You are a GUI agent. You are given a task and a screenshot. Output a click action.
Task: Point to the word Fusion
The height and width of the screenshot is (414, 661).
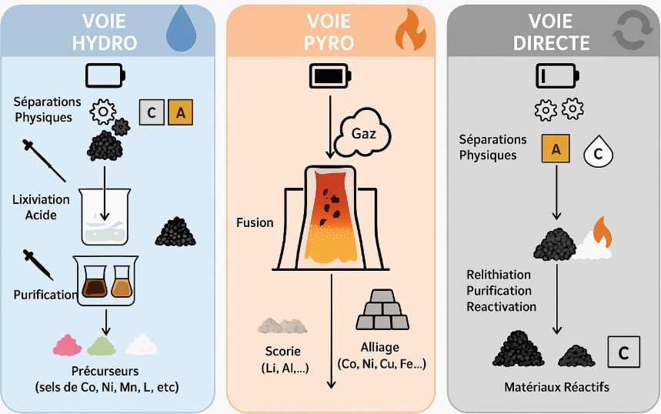[x=255, y=222]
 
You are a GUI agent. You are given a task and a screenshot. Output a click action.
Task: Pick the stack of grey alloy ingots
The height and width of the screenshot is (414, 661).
[x=382, y=312]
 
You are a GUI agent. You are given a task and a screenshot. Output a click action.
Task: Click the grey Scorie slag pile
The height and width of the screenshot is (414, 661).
[x=282, y=325]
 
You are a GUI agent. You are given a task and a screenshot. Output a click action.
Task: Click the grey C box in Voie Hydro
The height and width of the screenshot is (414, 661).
[x=151, y=113]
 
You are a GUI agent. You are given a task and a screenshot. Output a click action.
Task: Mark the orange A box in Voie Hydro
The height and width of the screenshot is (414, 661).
[x=180, y=113]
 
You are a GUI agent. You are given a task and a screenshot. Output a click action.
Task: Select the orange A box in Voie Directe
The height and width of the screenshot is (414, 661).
[x=556, y=149]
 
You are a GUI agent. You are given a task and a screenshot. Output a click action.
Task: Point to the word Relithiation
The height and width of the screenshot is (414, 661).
[x=499, y=275]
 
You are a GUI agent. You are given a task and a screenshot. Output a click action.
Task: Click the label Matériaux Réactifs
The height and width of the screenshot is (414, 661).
[x=556, y=387]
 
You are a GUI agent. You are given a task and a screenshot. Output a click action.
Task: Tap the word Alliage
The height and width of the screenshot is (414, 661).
[x=381, y=347]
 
